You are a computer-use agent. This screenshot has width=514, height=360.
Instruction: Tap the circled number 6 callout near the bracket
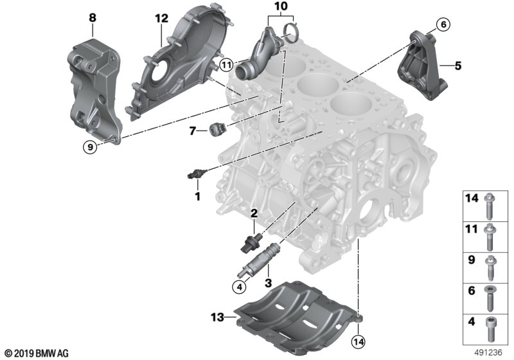click(443, 25)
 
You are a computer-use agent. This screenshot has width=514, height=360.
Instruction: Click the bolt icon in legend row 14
click(489, 204)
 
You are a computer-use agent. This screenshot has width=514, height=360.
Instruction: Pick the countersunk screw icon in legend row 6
click(489, 295)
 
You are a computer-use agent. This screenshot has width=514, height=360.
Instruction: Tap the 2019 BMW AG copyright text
click(36, 353)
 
